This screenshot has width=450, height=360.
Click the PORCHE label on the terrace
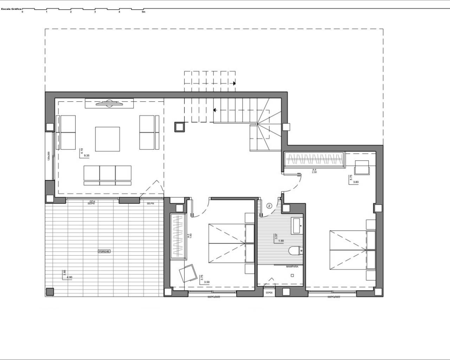[104, 251]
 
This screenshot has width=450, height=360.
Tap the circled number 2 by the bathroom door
[270, 206]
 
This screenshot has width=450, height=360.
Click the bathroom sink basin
[296, 225]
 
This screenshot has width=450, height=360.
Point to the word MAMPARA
[292, 267]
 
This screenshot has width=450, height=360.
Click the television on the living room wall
[109, 103]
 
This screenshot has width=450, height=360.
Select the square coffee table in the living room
[108, 139]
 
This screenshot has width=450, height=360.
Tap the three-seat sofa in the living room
[107, 175]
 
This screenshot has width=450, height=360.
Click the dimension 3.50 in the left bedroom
[207, 282]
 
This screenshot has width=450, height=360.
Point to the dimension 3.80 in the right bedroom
[355, 182]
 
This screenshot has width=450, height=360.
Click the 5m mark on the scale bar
[143, 12]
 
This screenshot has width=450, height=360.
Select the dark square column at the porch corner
[50, 291]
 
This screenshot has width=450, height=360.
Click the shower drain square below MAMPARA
[292, 276]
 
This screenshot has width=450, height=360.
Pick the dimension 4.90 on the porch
[69, 277]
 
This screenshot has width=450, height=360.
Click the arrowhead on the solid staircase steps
[214, 110]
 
